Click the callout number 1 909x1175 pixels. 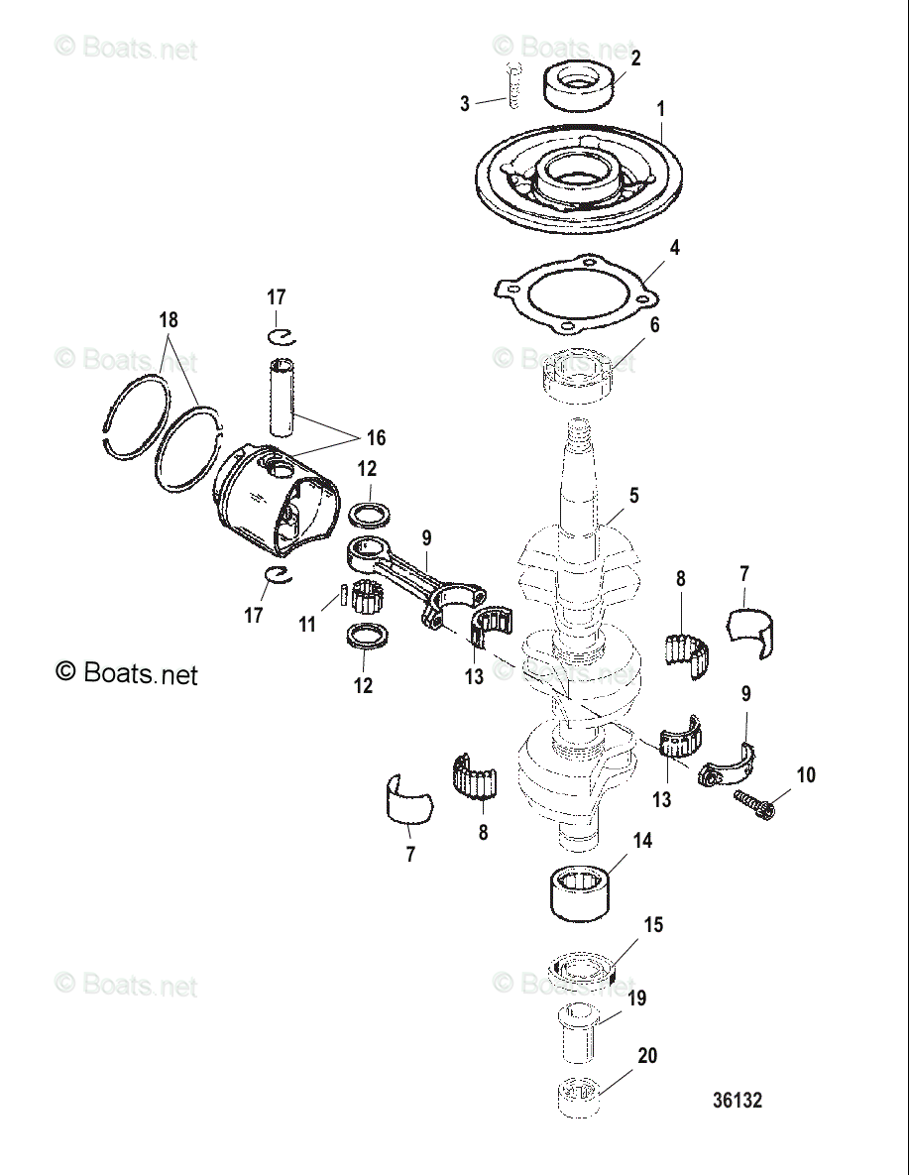coord(661,107)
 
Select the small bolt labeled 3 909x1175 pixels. coord(512,87)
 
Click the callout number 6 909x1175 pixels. coord(654,325)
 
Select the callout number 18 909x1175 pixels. coord(169,319)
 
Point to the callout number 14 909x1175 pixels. coord(642,840)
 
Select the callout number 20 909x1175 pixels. coord(647,1056)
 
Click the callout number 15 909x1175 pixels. coord(653,925)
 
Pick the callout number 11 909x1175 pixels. coord(308,625)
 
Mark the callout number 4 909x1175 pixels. coord(674,247)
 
